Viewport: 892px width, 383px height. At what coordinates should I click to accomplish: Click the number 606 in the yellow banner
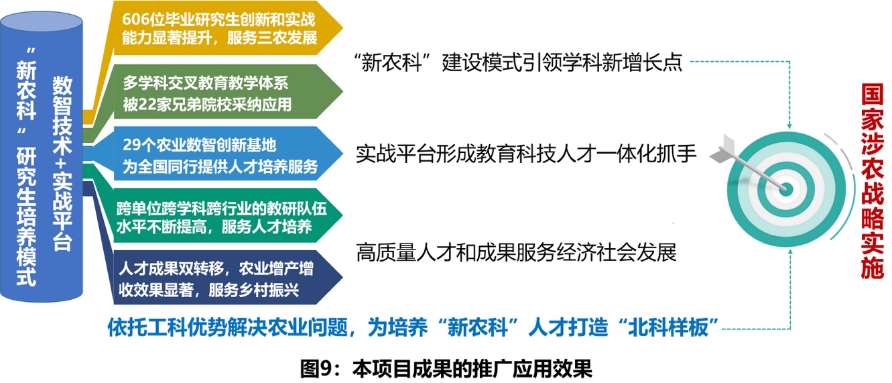click(133, 19)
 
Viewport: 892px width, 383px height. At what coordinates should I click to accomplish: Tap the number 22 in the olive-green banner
click(145, 105)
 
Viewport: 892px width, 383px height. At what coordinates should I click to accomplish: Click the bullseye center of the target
click(785, 188)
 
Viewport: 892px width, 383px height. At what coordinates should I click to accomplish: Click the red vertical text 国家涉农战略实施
click(872, 181)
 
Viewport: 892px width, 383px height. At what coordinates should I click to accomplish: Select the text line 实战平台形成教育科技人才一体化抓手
click(526, 154)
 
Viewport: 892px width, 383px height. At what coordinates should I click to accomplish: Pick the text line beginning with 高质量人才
click(517, 252)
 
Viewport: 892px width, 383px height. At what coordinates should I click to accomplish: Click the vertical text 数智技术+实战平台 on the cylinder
click(62, 164)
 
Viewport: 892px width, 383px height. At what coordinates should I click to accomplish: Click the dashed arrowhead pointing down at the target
click(789, 125)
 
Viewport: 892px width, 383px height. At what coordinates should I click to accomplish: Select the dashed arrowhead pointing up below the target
click(790, 252)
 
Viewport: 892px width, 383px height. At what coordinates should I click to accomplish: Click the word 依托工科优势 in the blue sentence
click(168, 327)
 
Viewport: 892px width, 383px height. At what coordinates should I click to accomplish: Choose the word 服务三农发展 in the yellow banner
click(272, 38)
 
